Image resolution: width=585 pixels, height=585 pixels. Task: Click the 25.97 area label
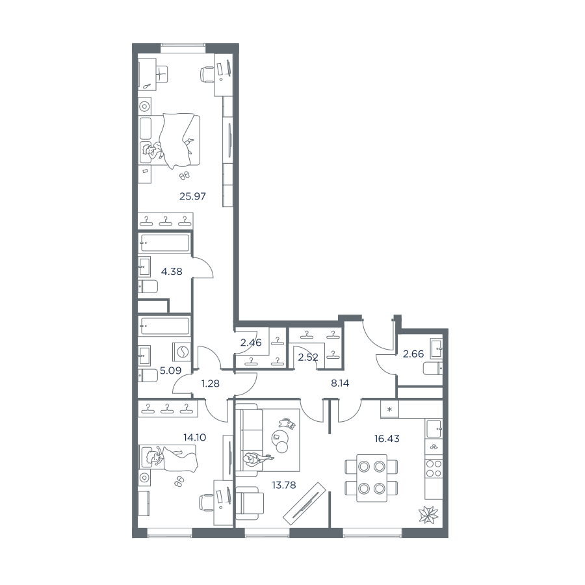click(x=192, y=196)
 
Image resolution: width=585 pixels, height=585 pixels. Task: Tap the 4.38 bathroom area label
click(x=172, y=272)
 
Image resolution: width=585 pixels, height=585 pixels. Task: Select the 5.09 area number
click(x=170, y=370)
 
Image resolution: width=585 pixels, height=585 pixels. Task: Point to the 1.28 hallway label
click(x=211, y=383)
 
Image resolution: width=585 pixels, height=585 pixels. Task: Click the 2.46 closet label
click(x=251, y=342)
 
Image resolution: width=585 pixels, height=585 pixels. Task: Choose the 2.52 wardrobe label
click(x=308, y=357)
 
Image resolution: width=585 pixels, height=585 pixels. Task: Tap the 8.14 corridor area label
click(x=340, y=383)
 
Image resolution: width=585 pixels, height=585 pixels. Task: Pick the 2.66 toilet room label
click(x=413, y=354)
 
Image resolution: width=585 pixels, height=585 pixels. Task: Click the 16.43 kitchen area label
click(x=387, y=439)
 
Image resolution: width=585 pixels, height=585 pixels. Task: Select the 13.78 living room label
click(x=284, y=485)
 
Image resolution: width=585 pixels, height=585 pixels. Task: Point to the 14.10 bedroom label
click(x=195, y=437)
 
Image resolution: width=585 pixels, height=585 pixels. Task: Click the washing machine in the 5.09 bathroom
click(x=182, y=352)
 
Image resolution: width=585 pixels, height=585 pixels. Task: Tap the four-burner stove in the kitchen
click(x=434, y=469)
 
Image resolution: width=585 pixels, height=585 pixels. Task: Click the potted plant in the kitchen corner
click(x=428, y=515)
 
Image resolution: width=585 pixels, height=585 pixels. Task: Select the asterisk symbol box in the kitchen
click(x=389, y=409)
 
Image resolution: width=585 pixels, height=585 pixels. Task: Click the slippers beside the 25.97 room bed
click(x=185, y=175)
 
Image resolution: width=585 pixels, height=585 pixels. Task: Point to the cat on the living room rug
click(x=287, y=422)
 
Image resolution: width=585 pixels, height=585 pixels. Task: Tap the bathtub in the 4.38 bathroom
click(x=164, y=243)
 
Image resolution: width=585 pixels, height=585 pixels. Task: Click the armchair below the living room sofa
click(x=249, y=502)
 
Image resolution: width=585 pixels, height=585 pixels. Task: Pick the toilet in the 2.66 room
click(x=433, y=369)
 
